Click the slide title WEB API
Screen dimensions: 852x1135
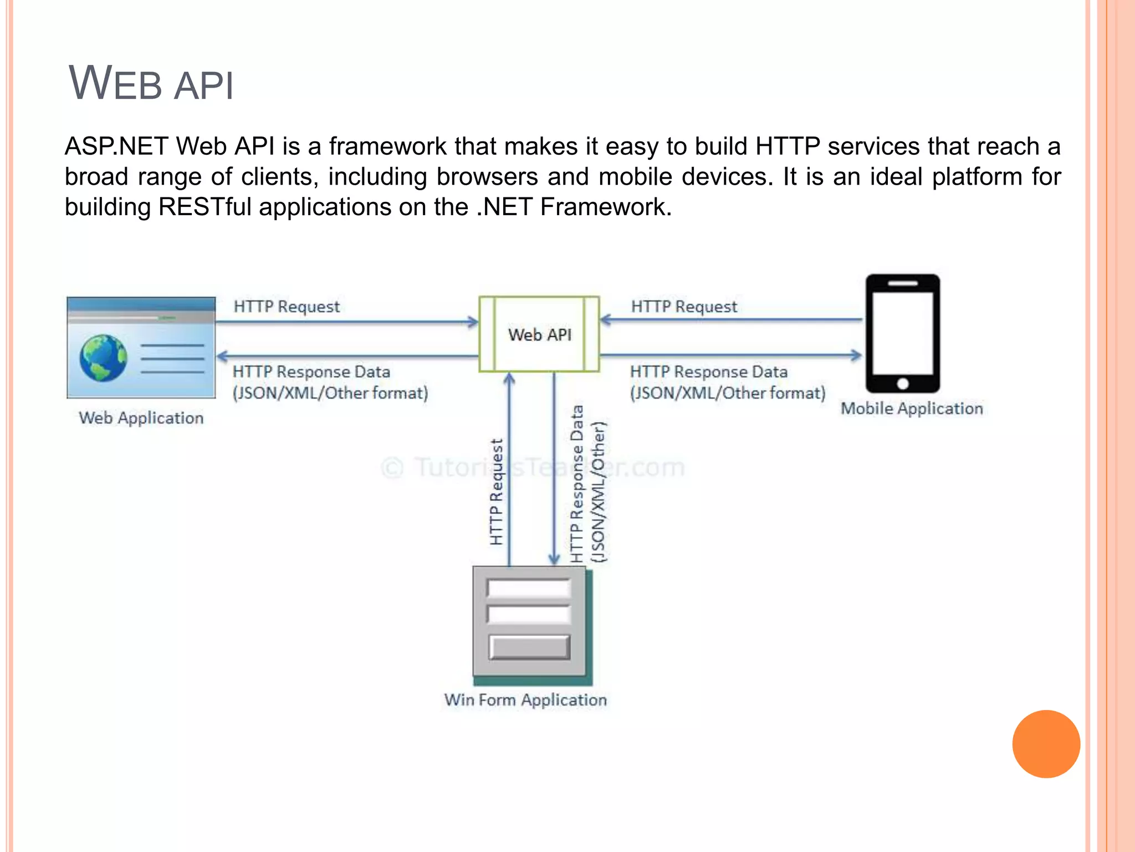(x=151, y=84)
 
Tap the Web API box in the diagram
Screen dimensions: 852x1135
(x=539, y=334)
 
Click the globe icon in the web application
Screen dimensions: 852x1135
(x=103, y=358)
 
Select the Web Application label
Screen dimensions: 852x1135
(x=141, y=418)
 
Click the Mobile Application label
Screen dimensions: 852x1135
(x=912, y=408)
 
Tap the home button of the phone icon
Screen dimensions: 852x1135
(x=903, y=383)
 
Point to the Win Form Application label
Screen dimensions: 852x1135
(x=525, y=700)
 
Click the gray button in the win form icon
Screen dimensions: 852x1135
(x=529, y=647)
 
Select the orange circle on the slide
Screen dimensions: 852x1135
(x=1046, y=744)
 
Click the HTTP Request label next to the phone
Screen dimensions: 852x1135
(x=684, y=307)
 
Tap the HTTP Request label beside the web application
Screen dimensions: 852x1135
(x=287, y=307)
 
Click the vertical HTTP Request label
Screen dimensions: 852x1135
(x=497, y=492)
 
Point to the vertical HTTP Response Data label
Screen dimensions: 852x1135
(x=577, y=484)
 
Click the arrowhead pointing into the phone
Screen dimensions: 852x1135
(x=857, y=355)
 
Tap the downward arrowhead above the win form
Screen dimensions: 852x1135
(x=554, y=559)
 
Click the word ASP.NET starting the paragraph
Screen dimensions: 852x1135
(x=116, y=146)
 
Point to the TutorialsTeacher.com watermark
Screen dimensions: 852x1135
(x=533, y=468)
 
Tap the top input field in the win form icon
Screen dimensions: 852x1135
(x=529, y=588)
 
